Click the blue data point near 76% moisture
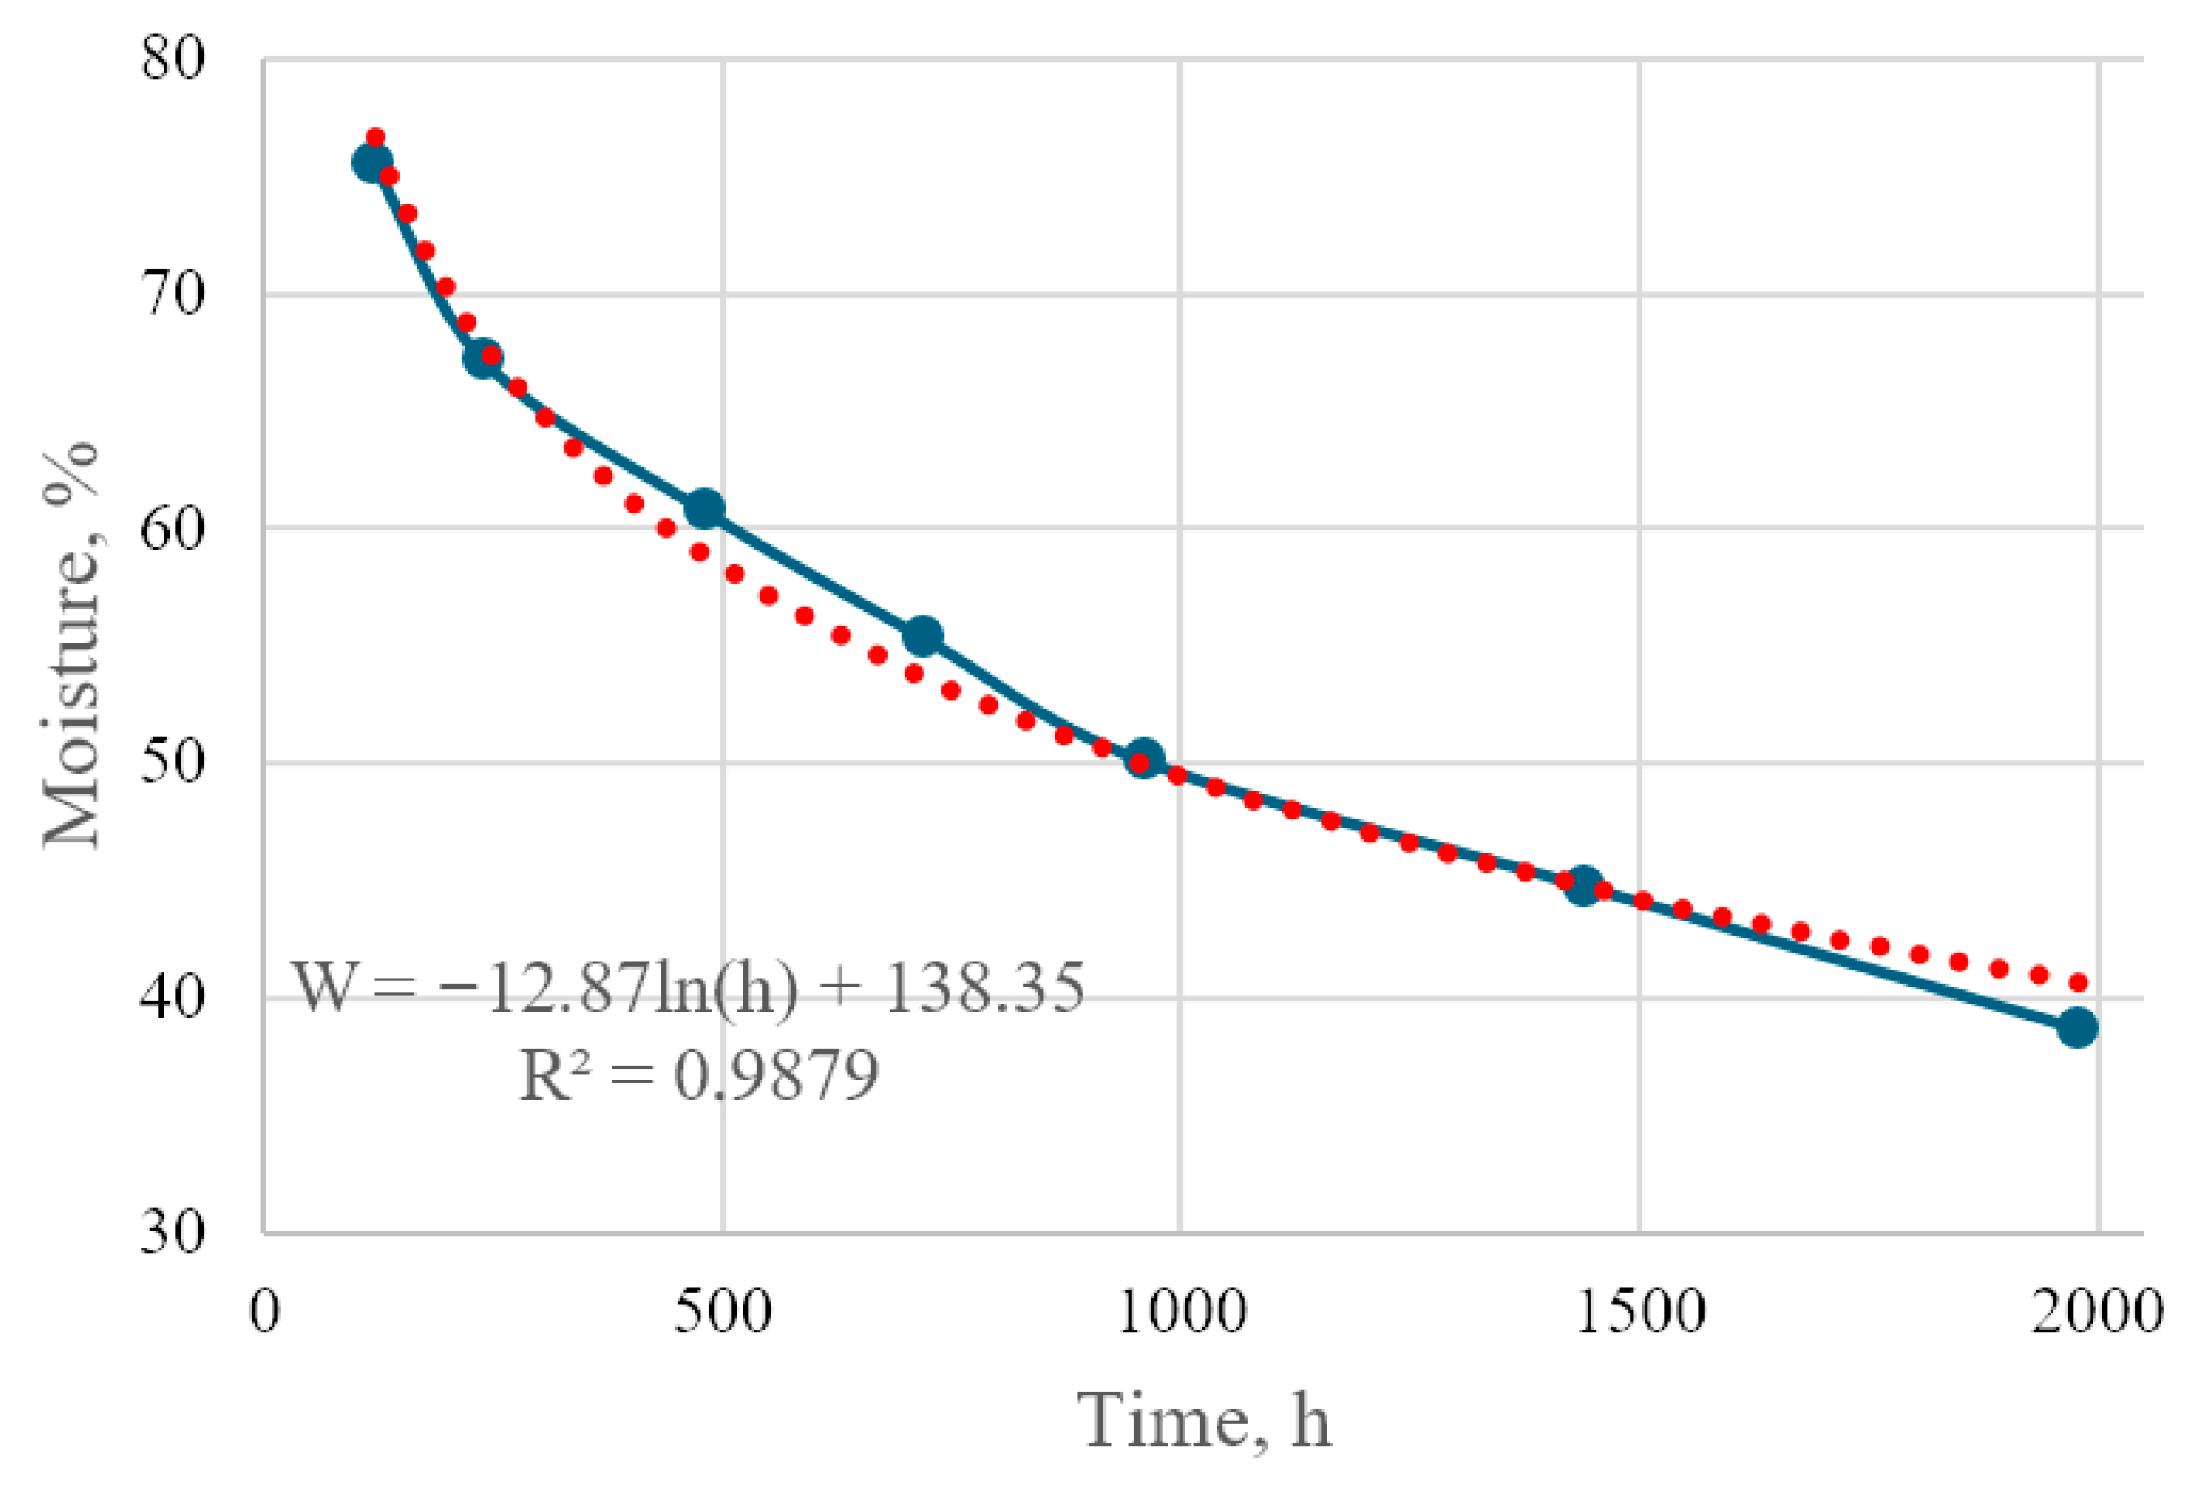[372, 164]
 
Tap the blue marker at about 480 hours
[703, 509]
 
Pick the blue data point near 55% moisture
[922, 636]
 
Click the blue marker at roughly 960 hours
[1144, 758]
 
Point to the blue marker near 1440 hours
[1583, 886]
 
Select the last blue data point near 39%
[2077, 1027]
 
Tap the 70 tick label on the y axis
[173, 294]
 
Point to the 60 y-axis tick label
[173, 527]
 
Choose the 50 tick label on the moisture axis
[173, 761]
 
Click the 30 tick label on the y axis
[173, 1232]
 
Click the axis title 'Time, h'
[1204, 1420]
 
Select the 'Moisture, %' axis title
[72, 644]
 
